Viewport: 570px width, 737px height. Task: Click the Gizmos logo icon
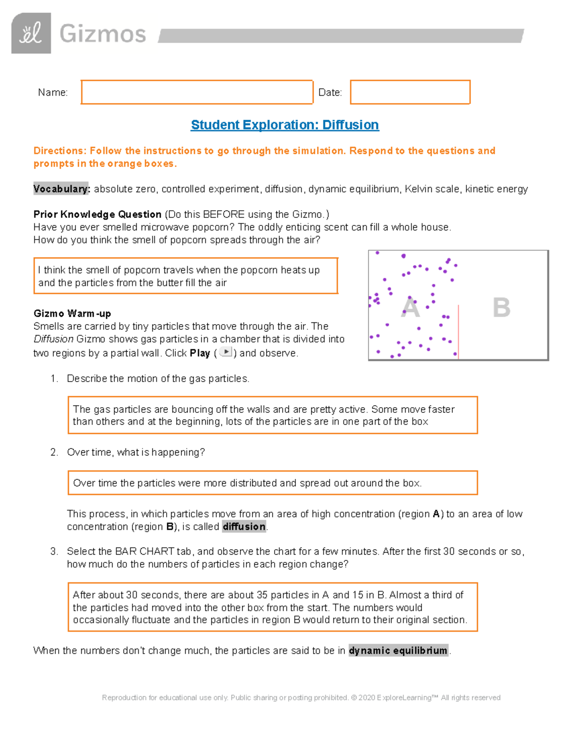pyautogui.click(x=31, y=33)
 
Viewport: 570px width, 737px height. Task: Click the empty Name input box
pyautogui.click(x=197, y=92)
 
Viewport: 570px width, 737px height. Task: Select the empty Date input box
pyautogui.click(x=410, y=92)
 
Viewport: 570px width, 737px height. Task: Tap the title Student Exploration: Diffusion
pyautogui.click(x=285, y=125)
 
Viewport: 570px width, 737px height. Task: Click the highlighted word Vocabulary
pyautogui.click(x=61, y=189)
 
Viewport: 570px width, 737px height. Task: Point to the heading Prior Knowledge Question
pyautogui.click(x=97, y=214)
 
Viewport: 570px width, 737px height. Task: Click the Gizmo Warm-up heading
pyautogui.click(x=72, y=313)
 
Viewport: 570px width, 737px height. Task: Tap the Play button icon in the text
pyautogui.click(x=226, y=352)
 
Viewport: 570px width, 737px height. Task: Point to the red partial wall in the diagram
pyautogui.click(x=458, y=332)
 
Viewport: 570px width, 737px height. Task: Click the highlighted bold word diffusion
pyautogui.click(x=244, y=526)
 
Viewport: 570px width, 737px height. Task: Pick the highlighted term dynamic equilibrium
pyautogui.click(x=398, y=650)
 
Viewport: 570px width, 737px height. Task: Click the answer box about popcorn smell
pyautogui.click(x=185, y=276)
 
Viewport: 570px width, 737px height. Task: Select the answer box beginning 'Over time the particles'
pyautogui.click(x=272, y=483)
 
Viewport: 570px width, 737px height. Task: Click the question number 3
pyautogui.click(x=54, y=551)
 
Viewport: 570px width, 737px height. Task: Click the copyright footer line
pyautogui.click(x=301, y=698)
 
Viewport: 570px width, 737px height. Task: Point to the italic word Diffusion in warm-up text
pyautogui.click(x=53, y=339)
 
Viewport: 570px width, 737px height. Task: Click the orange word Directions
pyautogui.click(x=59, y=151)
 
